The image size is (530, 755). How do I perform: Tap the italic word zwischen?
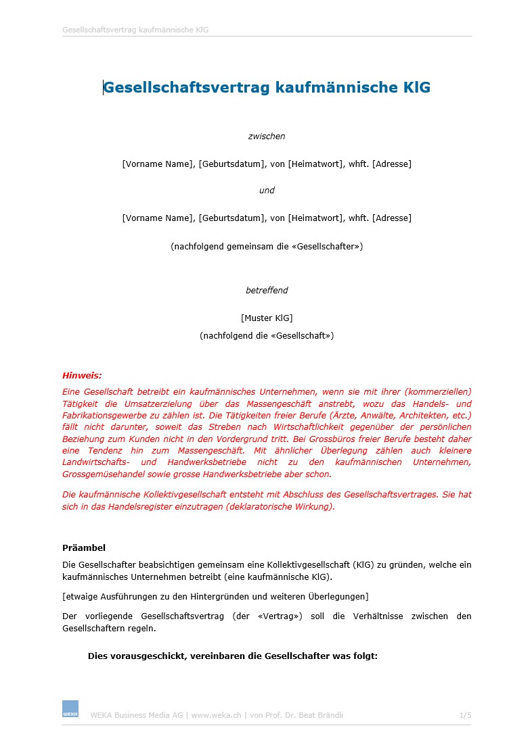tap(267, 137)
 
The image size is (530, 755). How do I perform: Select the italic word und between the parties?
tap(267, 191)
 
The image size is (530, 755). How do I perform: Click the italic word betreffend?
tap(267, 291)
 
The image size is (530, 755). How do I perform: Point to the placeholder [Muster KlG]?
tap(267, 318)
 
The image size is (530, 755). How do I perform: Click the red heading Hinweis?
tap(82, 375)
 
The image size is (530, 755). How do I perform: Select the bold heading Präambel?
tap(84, 548)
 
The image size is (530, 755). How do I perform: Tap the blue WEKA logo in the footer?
tap(70, 708)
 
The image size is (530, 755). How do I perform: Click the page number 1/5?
tap(464, 715)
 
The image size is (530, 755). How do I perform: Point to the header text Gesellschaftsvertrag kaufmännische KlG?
tap(135, 30)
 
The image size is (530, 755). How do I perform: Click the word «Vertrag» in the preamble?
tap(280, 616)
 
